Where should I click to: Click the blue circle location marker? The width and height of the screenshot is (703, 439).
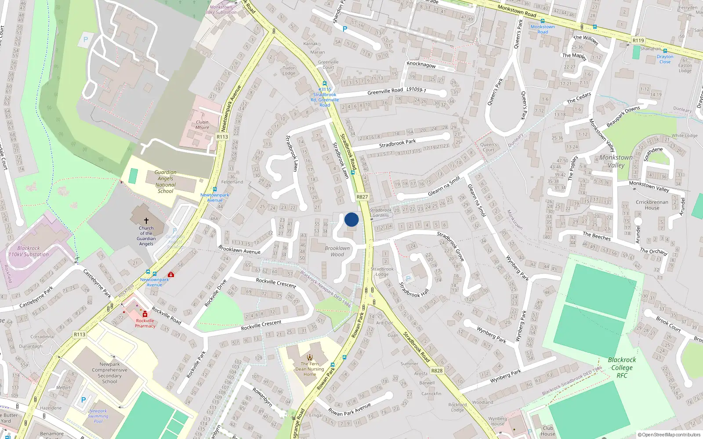(351, 219)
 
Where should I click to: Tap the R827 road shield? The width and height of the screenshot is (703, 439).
(362, 197)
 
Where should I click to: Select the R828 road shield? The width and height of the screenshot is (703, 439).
(437, 371)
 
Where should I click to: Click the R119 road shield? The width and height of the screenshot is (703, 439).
(638, 40)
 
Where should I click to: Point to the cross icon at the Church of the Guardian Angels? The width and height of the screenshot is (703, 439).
(146, 221)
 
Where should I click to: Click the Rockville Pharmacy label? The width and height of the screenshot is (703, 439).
(145, 323)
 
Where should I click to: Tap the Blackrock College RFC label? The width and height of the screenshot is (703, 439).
(622, 367)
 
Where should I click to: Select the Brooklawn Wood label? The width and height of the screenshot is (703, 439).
(337, 251)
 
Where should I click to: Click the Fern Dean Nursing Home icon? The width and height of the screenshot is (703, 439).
(310, 357)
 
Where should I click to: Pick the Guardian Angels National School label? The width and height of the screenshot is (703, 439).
(166, 182)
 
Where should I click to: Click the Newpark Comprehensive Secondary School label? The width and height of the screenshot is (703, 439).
(110, 373)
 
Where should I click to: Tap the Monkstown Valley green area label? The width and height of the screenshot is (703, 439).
(616, 161)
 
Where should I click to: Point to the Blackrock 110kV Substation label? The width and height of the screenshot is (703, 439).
(29, 251)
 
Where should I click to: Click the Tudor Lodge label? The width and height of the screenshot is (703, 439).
(289, 71)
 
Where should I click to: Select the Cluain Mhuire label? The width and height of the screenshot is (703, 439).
(202, 125)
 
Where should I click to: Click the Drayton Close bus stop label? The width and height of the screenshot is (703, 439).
(665, 59)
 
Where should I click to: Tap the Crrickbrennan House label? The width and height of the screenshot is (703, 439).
(652, 205)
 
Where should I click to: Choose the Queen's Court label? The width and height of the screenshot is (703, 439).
(488, 147)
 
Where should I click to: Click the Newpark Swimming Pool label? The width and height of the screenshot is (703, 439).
(98, 416)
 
